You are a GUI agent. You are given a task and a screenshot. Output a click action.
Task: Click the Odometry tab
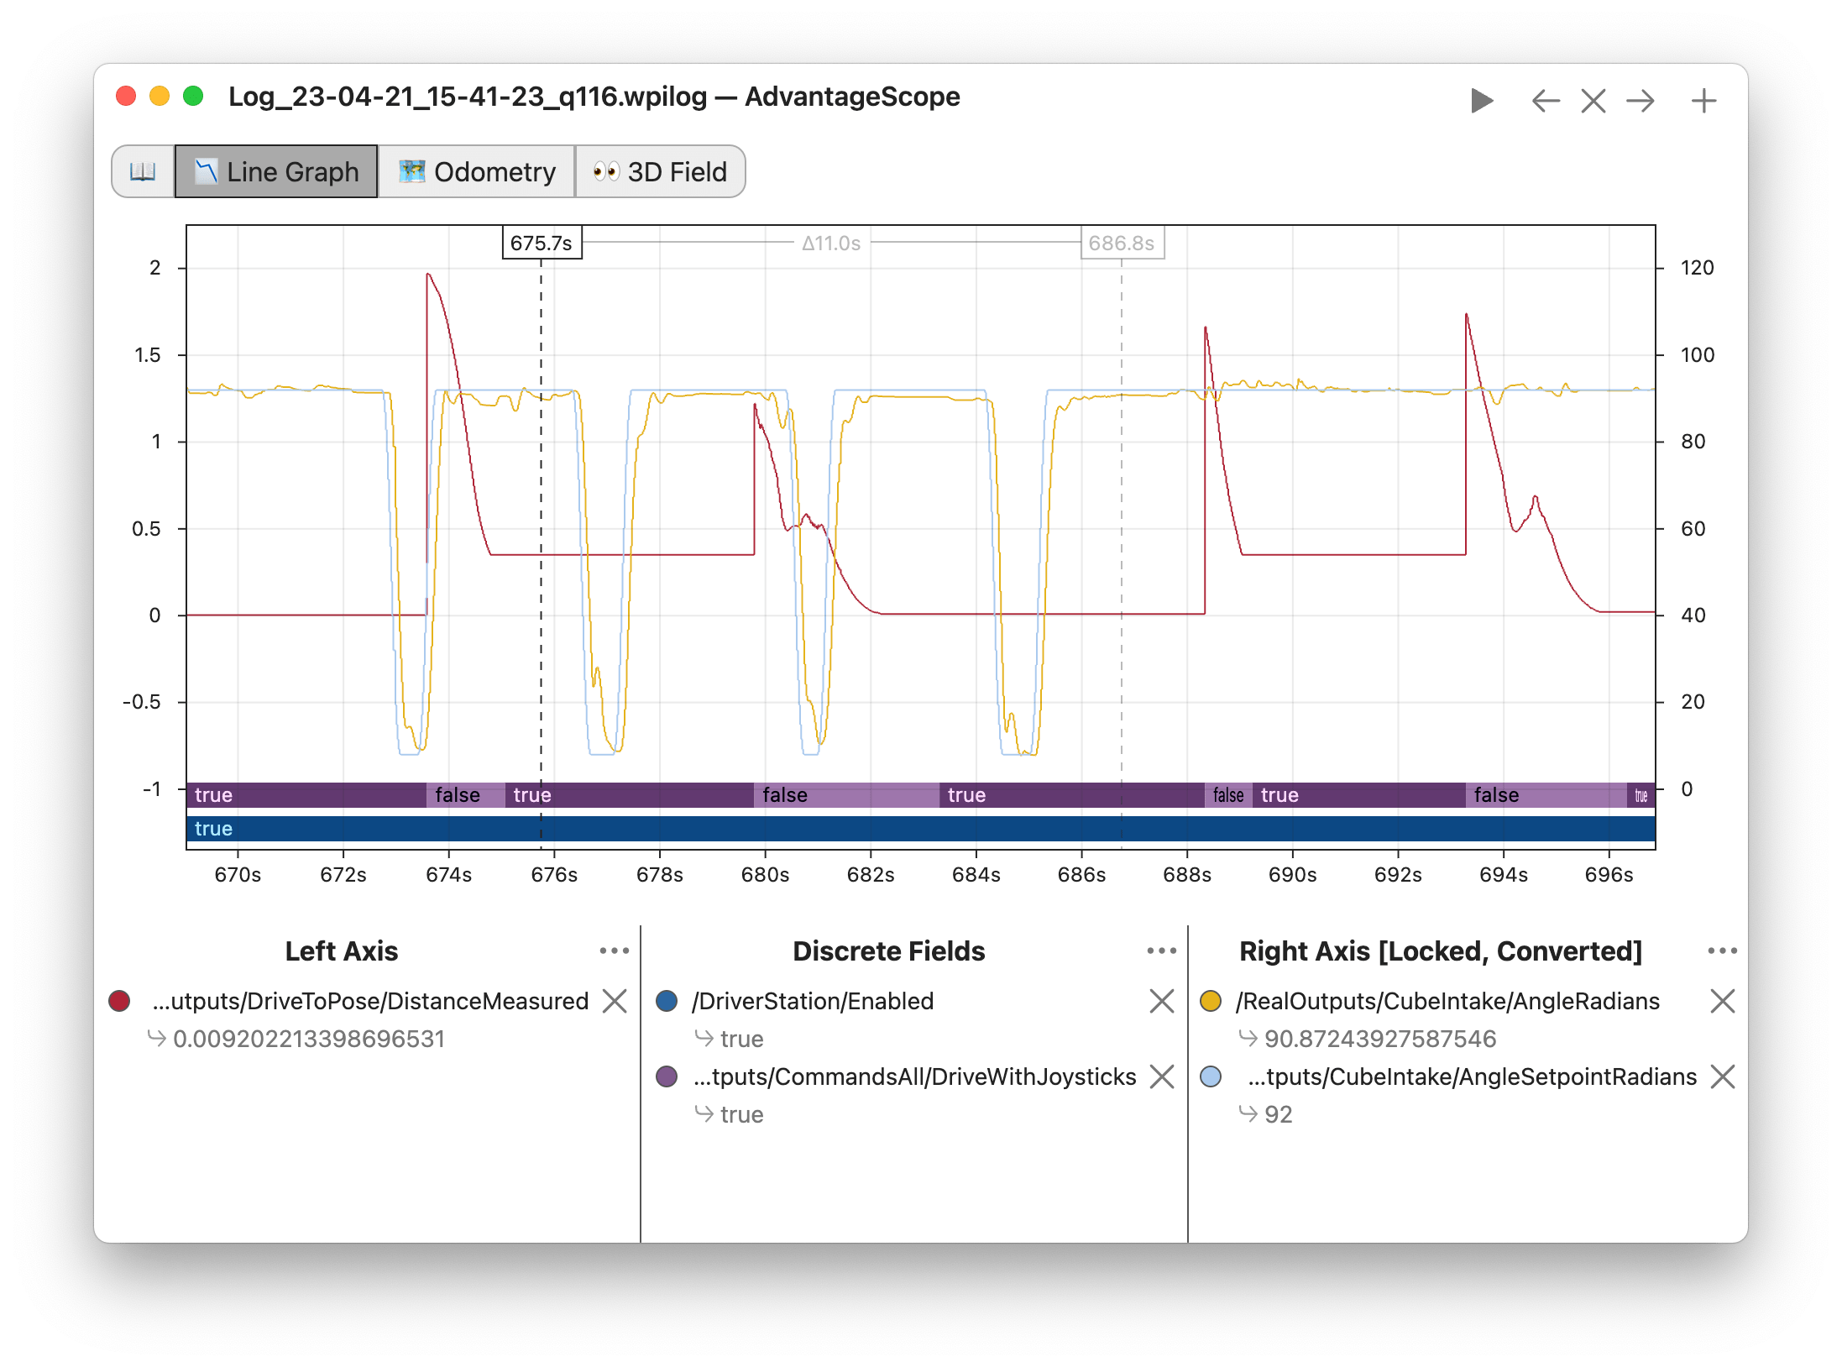pos(477,172)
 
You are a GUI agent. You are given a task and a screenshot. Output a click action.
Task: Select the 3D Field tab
pos(660,172)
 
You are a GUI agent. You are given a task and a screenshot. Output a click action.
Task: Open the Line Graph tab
pos(276,172)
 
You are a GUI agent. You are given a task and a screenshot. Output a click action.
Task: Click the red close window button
pos(126,97)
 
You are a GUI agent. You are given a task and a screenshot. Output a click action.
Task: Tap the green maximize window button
pos(193,97)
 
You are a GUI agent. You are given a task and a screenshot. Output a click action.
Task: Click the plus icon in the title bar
pos(1703,102)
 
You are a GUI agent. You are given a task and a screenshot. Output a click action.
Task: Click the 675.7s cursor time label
pos(542,244)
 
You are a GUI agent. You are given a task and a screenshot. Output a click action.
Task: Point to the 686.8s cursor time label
pos(1121,244)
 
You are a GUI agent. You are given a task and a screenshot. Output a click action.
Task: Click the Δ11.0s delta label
pos(830,244)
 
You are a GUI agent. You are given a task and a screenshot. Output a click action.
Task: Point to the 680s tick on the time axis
pos(765,875)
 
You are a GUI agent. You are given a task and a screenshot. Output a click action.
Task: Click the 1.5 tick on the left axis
pos(148,355)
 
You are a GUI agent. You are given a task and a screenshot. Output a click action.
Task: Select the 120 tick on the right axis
pos(1697,268)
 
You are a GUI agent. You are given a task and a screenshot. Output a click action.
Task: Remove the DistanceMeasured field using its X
pos(615,1001)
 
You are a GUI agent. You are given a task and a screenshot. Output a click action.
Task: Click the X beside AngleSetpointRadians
pos(1722,1076)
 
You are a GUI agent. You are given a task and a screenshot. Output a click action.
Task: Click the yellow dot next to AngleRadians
pos(1211,1001)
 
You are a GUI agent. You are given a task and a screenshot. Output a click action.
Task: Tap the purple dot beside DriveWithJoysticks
pos(667,1076)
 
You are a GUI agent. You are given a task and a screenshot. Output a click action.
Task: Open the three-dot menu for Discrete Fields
pos(1161,951)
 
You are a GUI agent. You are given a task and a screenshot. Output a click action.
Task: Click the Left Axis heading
pos(342,951)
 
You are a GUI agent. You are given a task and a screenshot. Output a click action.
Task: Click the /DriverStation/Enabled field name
pos(812,1001)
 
